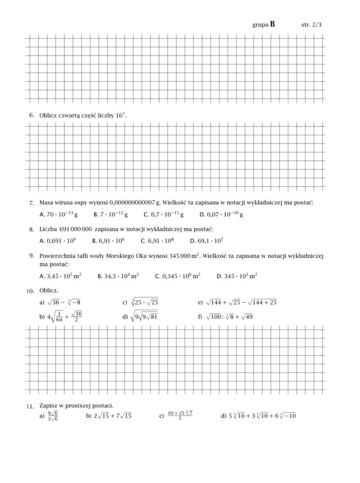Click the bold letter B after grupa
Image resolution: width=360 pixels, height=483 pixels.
pyautogui.click(x=272, y=24)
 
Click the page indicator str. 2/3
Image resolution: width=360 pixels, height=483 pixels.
pyautogui.click(x=311, y=25)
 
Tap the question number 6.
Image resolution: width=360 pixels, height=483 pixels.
pyautogui.click(x=31, y=115)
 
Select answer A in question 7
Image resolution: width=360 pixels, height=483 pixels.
pyautogui.click(x=58, y=214)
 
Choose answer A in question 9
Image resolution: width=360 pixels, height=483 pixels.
pyautogui.click(x=60, y=276)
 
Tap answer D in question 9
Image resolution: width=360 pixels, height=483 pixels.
pyautogui.click(x=237, y=276)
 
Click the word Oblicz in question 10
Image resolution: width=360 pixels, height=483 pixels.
pyautogui.click(x=49, y=290)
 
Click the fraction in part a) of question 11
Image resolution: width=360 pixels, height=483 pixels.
pyautogui.click(x=53, y=416)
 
